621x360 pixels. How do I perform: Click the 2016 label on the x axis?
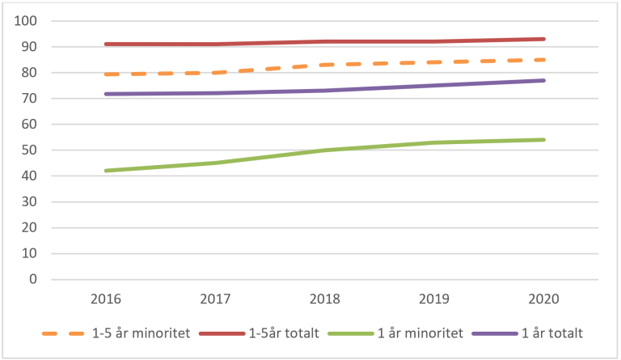click(105, 299)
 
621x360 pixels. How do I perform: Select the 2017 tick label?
click(214, 299)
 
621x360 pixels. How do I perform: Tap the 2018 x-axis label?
click(324, 299)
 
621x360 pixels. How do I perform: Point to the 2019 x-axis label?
click(434, 299)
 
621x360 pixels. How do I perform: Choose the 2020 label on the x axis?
click(543, 299)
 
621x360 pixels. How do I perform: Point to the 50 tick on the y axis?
click(29, 150)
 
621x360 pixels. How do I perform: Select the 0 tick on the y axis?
click(33, 279)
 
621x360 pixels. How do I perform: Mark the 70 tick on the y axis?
click(29, 99)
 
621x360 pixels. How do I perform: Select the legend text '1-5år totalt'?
click(289, 332)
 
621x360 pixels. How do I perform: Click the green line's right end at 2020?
click(543, 140)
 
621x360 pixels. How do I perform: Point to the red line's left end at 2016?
click(105, 44)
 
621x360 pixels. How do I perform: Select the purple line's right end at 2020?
click(543, 80)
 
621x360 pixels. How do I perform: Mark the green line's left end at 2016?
click(105, 171)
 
